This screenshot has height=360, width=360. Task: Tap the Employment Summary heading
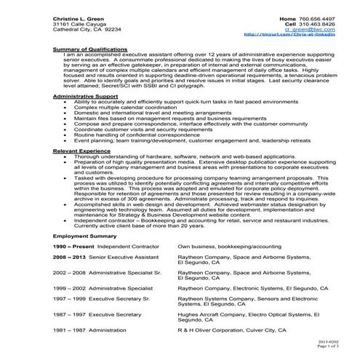(x=80, y=236)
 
